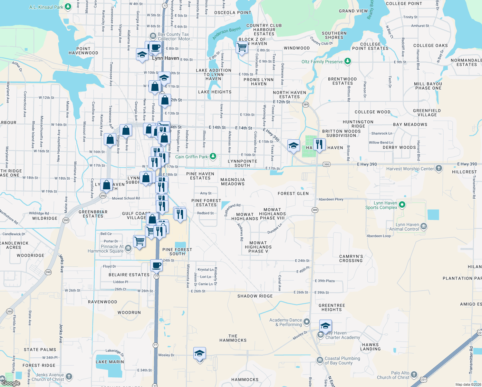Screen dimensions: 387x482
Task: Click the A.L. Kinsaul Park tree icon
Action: click(68, 6)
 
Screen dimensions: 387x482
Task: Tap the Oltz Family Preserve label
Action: click(322, 62)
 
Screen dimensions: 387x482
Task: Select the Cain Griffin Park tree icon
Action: click(213, 156)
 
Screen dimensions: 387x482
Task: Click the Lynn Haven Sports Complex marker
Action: click(402, 204)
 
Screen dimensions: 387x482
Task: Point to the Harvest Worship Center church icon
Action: click(439, 168)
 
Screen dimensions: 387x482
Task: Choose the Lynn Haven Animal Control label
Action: click(407, 227)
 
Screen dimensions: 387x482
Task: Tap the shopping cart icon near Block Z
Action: click(242, 47)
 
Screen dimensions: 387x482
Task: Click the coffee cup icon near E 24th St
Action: click(157, 265)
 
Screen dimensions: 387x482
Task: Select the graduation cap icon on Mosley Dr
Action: click(199, 353)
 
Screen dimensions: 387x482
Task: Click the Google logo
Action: click(11, 383)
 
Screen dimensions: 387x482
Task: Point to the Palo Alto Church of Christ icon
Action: click(414, 374)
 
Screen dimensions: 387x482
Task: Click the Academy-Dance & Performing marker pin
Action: click(307, 322)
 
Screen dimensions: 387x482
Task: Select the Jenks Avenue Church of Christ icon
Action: click(69, 376)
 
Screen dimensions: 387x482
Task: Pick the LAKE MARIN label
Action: click(110, 362)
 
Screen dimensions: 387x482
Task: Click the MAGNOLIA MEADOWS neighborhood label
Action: click(233, 182)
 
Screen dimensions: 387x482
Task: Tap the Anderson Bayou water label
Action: click(227, 33)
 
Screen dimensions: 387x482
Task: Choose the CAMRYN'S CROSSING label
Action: click(351, 258)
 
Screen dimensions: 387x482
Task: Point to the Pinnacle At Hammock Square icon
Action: click(128, 248)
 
